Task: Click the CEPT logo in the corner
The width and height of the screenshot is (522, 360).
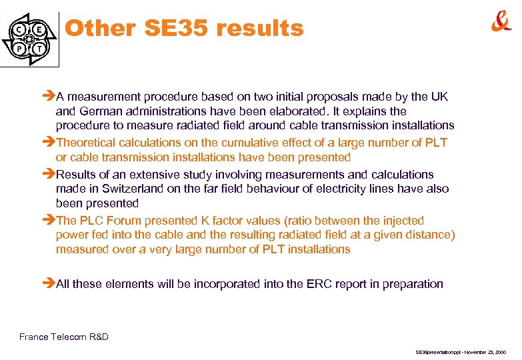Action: point(30,39)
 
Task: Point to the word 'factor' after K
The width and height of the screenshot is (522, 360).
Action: point(233,220)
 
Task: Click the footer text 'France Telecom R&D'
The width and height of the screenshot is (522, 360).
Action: point(64,337)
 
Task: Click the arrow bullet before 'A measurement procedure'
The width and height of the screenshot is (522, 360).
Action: point(49,97)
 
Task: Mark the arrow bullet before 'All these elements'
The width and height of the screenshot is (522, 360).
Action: point(49,284)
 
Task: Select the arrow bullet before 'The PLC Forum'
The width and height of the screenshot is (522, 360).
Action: point(49,220)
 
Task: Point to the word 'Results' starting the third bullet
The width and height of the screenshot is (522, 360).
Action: point(79,175)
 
